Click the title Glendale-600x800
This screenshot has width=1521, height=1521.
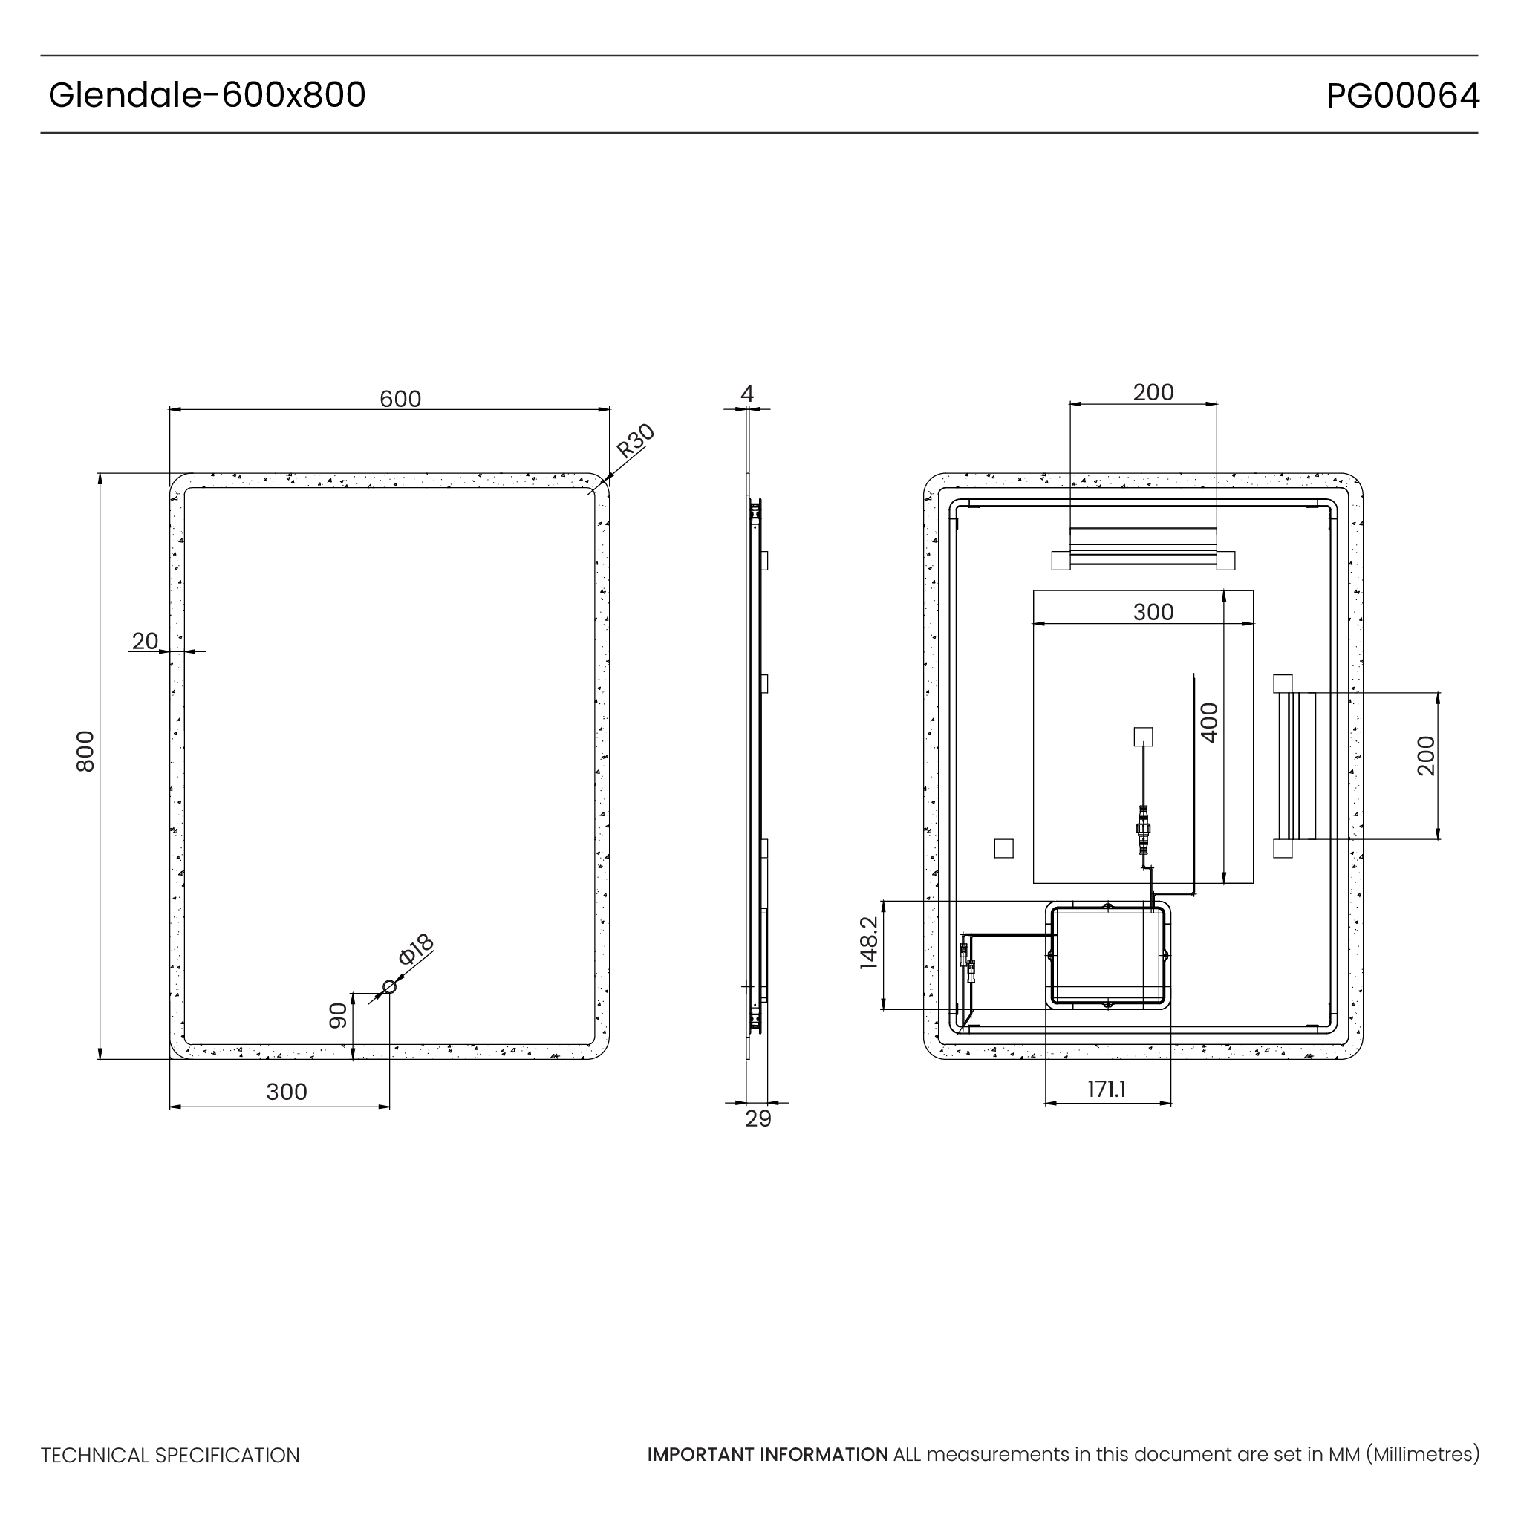click(x=206, y=95)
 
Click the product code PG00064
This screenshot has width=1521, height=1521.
click(x=1402, y=96)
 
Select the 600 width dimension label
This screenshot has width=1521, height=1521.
click(x=400, y=399)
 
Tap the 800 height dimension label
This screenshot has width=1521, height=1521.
click(x=85, y=751)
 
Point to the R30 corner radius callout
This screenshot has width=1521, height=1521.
click(x=634, y=441)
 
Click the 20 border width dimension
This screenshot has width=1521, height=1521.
click(x=145, y=641)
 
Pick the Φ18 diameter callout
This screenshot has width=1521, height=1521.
click(x=416, y=949)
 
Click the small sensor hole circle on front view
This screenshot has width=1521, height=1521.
click(x=389, y=986)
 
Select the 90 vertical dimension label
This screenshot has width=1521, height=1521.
click(x=338, y=1015)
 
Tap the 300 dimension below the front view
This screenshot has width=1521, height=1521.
click(x=287, y=1092)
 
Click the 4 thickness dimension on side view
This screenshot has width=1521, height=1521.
click(x=747, y=394)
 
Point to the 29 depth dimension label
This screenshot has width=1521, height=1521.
click(x=758, y=1118)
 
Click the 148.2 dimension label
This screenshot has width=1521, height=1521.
click(x=868, y=942)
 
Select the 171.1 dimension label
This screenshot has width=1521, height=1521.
click(x=1106, y=1090)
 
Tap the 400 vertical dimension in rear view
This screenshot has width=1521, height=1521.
click(x=1209, y=723)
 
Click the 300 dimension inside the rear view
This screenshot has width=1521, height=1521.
click(x=1153, y=613)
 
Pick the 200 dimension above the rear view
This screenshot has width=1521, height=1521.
click(x=1153, y=392)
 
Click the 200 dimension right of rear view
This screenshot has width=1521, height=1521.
click(x=1426, y=756)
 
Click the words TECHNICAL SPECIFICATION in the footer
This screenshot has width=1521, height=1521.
click(x=170, y=1456)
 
